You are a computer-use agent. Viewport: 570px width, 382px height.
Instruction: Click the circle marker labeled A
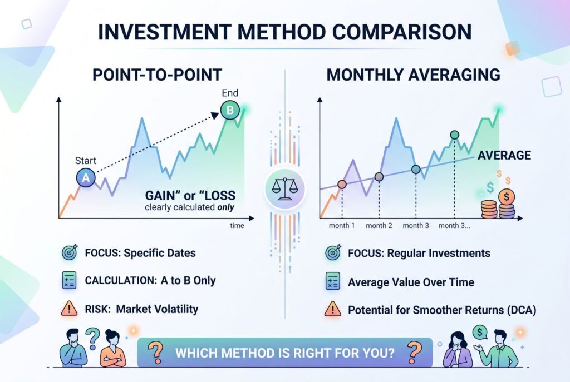pyautogui.click(x=86, y=177)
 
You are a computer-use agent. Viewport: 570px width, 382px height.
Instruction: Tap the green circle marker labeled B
pyautogui.click(x=230, y=110)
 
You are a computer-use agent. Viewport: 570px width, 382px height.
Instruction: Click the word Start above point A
pyautogui.click(x=85, y=161)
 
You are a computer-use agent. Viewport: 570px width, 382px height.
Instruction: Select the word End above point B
pyautogui.click(x=230, y=93)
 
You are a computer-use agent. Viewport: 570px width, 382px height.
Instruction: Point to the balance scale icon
pyautogui.click(x=285, y=189)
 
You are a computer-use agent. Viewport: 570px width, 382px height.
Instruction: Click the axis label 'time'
pyautogui.click(x=237, y=226)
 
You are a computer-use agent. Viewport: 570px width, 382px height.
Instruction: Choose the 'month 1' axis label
pyautogui.click(x=342, y=226)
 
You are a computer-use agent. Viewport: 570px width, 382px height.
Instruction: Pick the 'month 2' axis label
pyautogui.click(x=379, y=226)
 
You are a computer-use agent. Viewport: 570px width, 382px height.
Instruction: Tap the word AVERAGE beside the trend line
pyautogui.click(x=504, y=156)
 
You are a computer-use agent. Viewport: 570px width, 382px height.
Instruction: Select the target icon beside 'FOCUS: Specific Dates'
pyautogui.click(x=70, y=252)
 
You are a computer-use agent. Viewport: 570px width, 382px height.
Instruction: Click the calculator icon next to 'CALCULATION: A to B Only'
pyautogui.click(x=70, y=280)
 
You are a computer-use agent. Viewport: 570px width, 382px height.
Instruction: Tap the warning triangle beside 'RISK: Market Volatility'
pyautogui.click(x=69, y=309)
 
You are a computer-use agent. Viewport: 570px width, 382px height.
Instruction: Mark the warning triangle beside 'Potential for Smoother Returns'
pyautogui.click(x=333, y=309)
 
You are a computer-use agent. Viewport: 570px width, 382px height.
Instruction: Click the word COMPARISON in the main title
pyautogui.click(x=402, y=32)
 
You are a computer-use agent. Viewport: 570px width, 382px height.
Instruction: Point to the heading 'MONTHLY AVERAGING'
pyautogui.click(x=414, y=75)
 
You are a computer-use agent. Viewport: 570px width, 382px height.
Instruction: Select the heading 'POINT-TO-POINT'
pyautogui.click(x=157, y=75)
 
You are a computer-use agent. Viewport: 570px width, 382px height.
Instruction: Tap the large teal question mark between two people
pyautogui.click(x=93, y=338)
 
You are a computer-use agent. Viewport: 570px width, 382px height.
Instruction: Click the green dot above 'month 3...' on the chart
pyautogui.click(x=454, y=135)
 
